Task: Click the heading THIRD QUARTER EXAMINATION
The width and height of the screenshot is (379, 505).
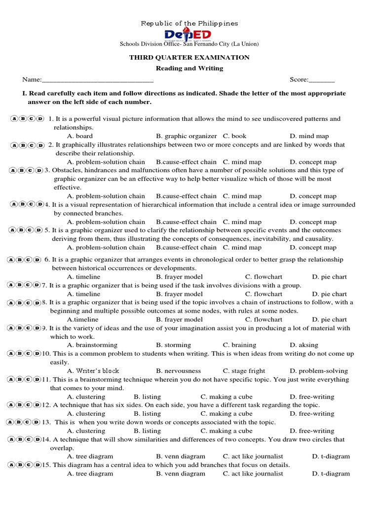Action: (189, 58)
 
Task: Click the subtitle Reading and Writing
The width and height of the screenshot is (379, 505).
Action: (189, 69)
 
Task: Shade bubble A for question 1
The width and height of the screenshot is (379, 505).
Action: (14, 119)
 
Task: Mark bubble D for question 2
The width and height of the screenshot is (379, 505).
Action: (40, 145)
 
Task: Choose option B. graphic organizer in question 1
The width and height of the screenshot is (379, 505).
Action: (186, 136)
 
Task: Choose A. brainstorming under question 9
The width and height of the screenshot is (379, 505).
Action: (92, 345)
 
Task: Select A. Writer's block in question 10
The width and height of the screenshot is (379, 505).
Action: (93, 371)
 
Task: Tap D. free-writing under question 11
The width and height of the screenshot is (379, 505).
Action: (312, 397)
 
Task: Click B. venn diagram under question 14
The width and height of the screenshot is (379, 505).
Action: (180, 457)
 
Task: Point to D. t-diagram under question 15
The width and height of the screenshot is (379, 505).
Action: (331, 474)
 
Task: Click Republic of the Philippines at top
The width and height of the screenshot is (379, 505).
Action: (189, 23)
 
